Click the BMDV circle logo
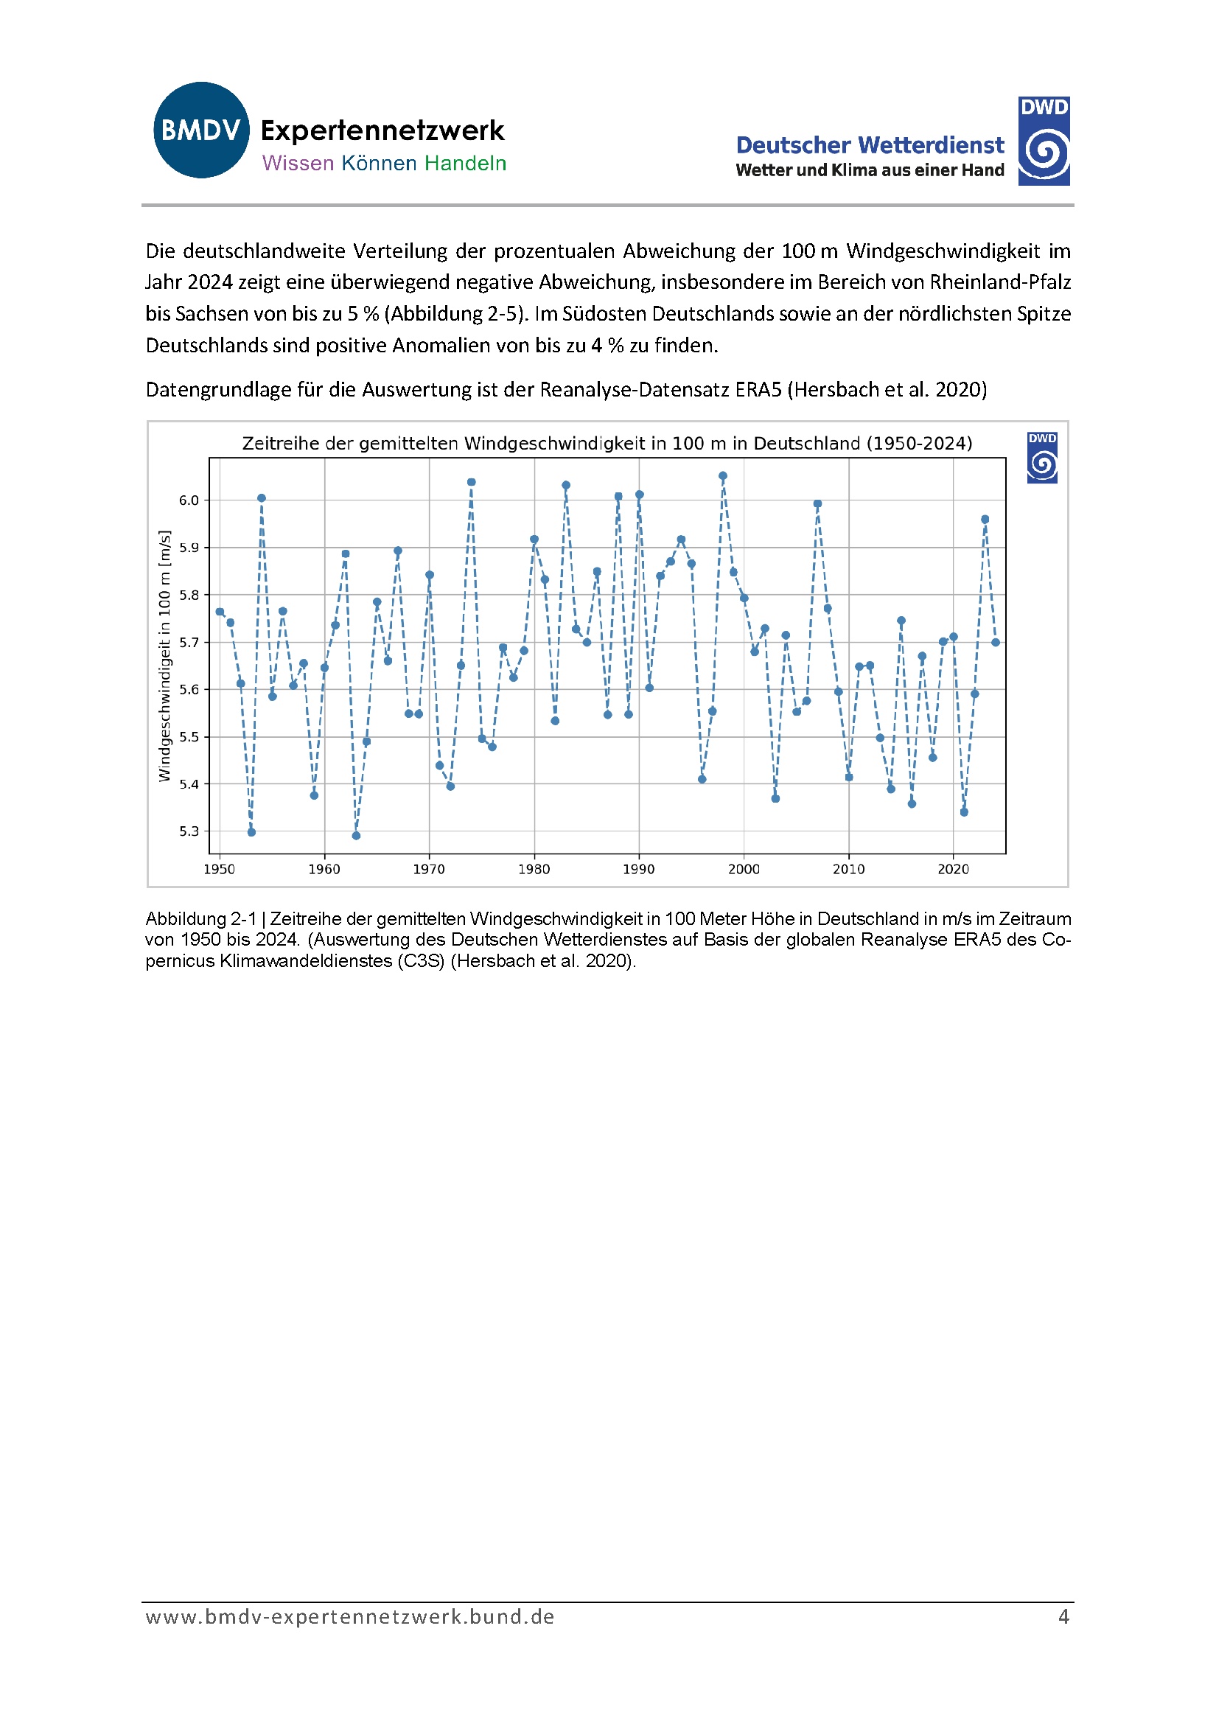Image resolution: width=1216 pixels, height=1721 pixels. pos(201,130)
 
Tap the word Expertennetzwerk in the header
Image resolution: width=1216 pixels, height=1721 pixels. pos(382,130)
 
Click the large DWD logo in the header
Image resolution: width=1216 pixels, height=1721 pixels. pos(1043,141)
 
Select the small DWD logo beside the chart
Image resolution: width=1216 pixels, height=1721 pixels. pos(1041,457)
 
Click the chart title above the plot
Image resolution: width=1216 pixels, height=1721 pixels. pos(607,443)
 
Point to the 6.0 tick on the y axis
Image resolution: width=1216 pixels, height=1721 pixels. pos(189,500)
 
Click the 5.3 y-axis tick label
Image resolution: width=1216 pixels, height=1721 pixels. pos(189,831)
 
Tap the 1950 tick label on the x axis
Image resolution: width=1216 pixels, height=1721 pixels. pos(219,870)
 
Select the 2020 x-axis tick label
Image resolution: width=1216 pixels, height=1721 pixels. pos(953,870)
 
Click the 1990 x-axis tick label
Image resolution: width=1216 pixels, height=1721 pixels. pos(639,870)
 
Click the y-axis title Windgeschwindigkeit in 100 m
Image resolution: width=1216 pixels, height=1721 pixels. pos(165,656)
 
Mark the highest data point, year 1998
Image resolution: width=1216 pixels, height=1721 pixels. pos(723,476)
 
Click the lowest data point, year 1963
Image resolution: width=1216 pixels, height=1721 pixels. pos(356,836)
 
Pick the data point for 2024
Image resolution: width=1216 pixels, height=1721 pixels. pos(996,643)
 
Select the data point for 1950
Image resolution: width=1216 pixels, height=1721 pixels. pos(220,612)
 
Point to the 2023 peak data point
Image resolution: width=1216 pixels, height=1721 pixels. pos(985,520)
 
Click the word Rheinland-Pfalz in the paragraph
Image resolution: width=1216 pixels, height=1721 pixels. pos(1000,282)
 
